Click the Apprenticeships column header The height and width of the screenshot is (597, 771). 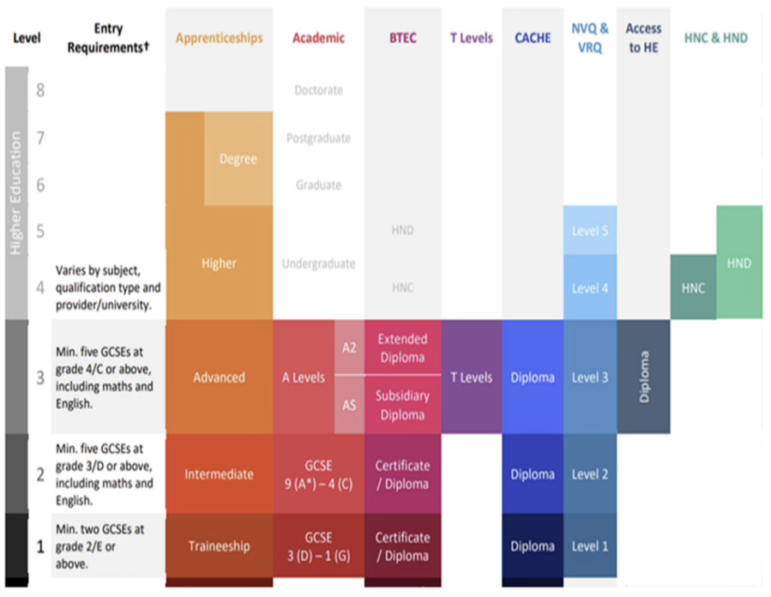click(219, 39)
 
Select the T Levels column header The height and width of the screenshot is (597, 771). click(471, 39)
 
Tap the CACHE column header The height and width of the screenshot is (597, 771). click(533, 39)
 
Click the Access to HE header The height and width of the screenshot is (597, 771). click(642, 39)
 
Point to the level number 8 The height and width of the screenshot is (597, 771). click(39, 89)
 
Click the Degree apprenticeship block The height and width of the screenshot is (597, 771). click(238, 159)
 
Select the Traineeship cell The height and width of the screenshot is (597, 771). click(219, 546)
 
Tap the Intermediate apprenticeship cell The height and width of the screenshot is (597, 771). click(219, 474)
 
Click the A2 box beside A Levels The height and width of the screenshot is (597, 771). click(349, 347)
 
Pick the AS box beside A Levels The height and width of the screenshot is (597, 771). click(349, 404)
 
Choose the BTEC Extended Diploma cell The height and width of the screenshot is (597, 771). click(402, 347)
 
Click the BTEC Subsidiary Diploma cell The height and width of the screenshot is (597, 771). click(402, 405)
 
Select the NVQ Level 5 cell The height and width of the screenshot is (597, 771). click(590, 231)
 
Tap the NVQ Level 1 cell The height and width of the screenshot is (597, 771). click(590, 546)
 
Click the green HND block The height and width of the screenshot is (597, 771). click(738, 262)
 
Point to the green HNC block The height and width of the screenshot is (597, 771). click(693, 287)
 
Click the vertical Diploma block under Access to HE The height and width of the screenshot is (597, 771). click(643, 376)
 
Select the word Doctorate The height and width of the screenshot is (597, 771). click(318, 90)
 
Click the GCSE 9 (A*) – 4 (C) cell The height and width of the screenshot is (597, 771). click(318, 474)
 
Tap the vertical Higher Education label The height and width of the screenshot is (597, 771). click(16, 193)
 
